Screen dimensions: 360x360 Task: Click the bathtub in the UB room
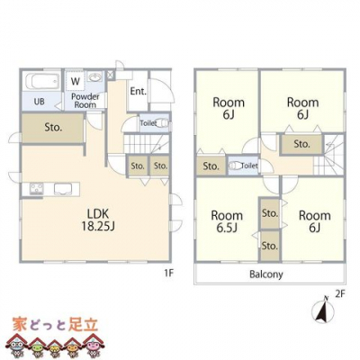[42, 80]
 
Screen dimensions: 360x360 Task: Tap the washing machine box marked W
[76, 80]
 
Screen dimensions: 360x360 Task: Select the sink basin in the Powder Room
[95, 77]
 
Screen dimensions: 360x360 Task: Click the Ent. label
[138, 91]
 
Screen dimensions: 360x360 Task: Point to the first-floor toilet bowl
[164, 123]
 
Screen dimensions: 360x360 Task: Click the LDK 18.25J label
[98, 220]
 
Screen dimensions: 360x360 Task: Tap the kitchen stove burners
[36, 189]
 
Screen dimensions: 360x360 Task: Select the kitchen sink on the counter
[63, 189]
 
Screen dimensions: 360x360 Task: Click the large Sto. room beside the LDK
[52, 128]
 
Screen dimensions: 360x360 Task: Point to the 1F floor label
[168, 274]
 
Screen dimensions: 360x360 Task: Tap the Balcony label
[266, 274]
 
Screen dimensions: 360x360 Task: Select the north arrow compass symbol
[324, 310]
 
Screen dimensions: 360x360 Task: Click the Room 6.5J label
[227, 221]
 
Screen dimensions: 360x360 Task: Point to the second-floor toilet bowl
[236, 166]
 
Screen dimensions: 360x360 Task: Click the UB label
[40, 102]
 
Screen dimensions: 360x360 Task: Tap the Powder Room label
[85, 101]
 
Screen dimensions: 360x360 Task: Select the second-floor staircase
[328, 155]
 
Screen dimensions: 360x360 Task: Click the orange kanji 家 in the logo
[20, 324]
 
